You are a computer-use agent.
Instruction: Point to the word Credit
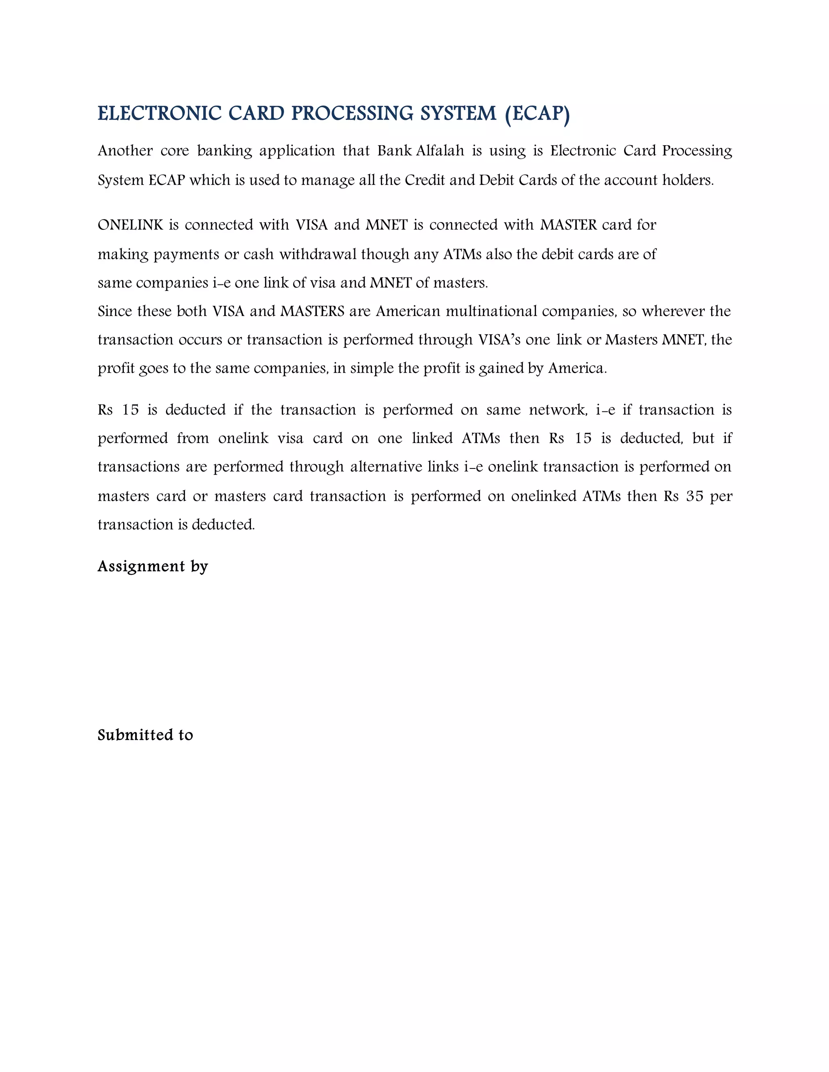point(424,180)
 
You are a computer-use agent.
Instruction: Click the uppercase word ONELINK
point(130,225)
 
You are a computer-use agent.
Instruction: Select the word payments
point(186,254)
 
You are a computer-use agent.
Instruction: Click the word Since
point(115,311)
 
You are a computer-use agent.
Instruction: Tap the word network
point(558,410)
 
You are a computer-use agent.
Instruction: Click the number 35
point(695,496)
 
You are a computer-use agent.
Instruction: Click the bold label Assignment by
point(153,566)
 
